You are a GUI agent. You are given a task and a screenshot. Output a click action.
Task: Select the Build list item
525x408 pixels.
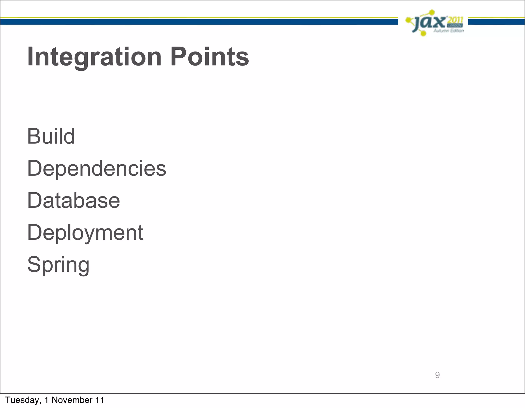click(x=51, y=136)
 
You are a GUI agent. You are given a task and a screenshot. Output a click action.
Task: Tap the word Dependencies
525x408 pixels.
click(x=97, y=169)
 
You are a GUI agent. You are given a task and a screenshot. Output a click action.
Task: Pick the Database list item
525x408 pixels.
click(x=74, y=201)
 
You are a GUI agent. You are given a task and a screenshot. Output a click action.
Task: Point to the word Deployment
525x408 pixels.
click(x=85, y=233)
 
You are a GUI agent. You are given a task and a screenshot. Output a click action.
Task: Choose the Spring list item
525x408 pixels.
click(x=58, y=265)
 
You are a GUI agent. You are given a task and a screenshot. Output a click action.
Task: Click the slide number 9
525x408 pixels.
click(x=437, y=375)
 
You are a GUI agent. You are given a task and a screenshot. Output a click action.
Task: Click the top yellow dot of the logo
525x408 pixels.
click(x=432, y=12)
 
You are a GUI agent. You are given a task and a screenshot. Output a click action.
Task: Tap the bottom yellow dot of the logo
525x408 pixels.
click(x=423, y=34)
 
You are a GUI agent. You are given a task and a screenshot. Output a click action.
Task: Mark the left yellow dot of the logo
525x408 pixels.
click(x=408, y=20)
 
